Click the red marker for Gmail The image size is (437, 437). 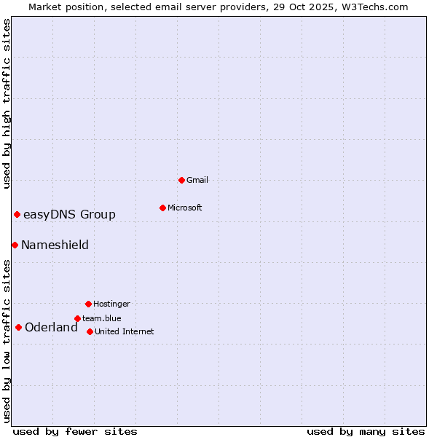181,180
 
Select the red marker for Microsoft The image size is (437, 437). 162,208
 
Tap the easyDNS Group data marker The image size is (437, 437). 17,214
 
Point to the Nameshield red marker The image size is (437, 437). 15,245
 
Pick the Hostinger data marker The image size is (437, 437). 88,304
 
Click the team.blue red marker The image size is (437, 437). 77,318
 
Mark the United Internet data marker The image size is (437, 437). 90,331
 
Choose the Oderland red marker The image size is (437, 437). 18,327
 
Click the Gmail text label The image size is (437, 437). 197,180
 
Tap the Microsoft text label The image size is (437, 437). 185,208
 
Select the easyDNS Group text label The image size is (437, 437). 69,214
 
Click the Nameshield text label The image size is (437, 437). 55,245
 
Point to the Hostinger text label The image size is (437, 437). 111,304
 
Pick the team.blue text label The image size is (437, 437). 102,318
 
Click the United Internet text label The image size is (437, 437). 124,331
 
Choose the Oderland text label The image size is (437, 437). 51,327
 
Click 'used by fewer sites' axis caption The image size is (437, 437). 75,431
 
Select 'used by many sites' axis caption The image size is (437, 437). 366,431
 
